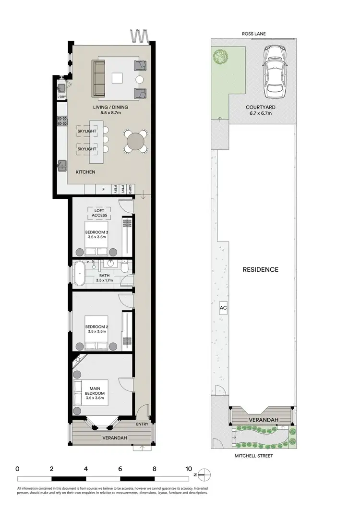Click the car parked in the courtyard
click(275, 71)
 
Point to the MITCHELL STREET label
click(254, 456)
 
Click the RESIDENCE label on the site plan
click(260, 269)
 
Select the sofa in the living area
click(99, 79)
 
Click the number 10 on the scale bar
click(189, 469)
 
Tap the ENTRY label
click(142, 424)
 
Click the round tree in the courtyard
click(221, 56)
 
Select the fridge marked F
click(103, 190)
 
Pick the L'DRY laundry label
click(61, 97)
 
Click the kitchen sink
click(62, 166)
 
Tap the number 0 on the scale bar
click(17, 469)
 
